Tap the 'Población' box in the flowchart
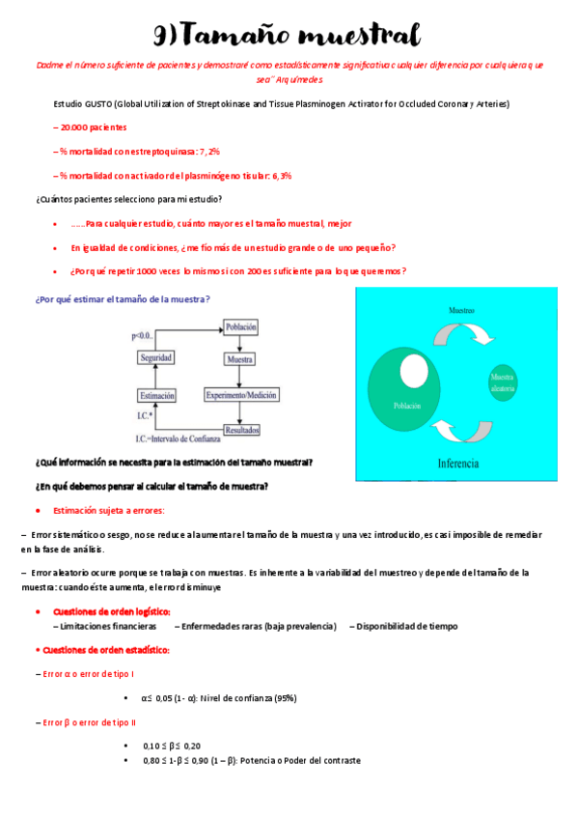click(240, 327)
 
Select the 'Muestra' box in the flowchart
click(239, 359)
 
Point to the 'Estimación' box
click(156, 395)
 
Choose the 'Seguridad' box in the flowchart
click(156, 357)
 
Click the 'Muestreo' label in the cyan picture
click(461, 311)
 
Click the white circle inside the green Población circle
click(414, 373)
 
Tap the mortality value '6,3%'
click(280, 176)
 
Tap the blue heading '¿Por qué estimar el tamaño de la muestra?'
click(122, 299)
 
